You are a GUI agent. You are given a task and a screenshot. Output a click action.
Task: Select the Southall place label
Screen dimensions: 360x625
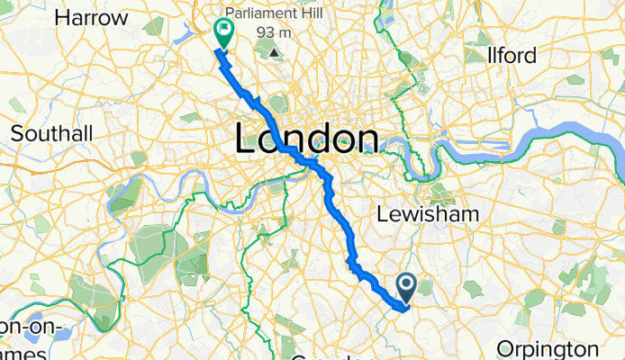tap(51, 133)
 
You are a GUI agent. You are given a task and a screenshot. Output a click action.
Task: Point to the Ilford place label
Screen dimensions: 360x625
tap(511, 56)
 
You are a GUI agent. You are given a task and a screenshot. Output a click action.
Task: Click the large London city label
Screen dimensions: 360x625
tap(305, 139)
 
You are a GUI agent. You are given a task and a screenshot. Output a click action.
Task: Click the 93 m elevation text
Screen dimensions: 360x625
tap(282, 32)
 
